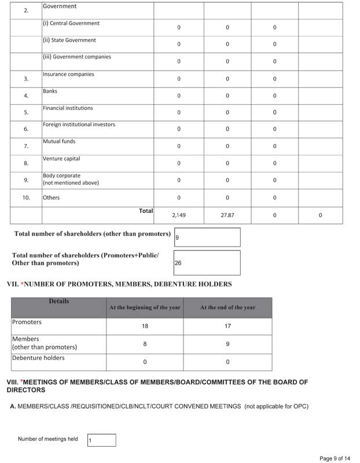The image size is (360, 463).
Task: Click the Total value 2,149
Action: (x=178, y=215)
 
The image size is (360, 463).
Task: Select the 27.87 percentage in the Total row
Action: (x=227, y=215)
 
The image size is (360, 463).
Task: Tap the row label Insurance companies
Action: (x=68, y=75)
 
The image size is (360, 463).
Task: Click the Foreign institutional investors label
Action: (x=79, y=124)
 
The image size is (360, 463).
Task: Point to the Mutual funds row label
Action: (x=59, y=141)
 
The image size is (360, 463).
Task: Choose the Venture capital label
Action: (x=61, y=159)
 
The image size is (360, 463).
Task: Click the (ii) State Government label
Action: (x=69, y=41)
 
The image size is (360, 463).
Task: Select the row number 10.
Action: (x=26, y=198)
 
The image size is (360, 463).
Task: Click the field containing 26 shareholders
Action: (x=207, y=263)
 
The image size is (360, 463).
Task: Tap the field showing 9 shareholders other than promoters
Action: (x=207, y=237)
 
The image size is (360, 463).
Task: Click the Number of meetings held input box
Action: (x=101, y=440)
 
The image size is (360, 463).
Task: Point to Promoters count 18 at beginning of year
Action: (x=145, y=326)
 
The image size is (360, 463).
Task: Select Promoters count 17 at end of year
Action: (x=227, y=326)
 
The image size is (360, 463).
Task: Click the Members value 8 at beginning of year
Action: (x=145, y=344)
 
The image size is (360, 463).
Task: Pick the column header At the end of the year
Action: (x=227, y=308)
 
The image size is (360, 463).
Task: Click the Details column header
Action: (x=59, y=302)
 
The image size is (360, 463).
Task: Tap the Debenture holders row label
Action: (x=38, y=358)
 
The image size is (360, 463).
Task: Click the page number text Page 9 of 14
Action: (x=335, y=459)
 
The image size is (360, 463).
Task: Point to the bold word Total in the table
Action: (x=146, y=211)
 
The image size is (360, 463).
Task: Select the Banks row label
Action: (x=50, y=91)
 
